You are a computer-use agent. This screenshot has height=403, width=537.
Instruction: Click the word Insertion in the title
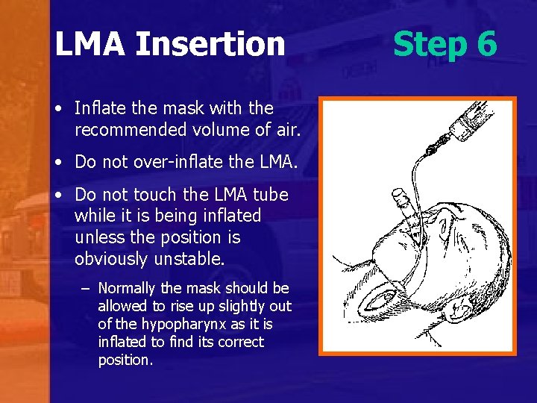210,44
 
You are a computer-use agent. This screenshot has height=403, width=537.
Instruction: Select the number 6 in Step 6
485,44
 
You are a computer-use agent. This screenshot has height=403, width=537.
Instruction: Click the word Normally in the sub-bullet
128,288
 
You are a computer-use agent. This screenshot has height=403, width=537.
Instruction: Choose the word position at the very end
125,360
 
